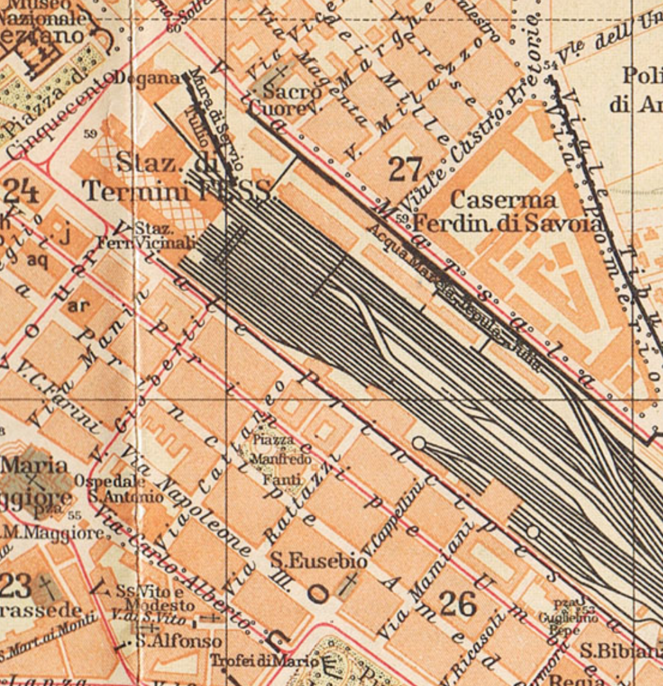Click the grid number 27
click(x=406, y=170)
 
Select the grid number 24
click(x=21, y=191)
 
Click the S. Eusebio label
click(x=319, y=561)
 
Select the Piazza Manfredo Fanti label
click(x=280, y=459)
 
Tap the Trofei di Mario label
click(x=264, y=660)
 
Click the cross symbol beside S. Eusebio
click(x=350, y=582)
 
